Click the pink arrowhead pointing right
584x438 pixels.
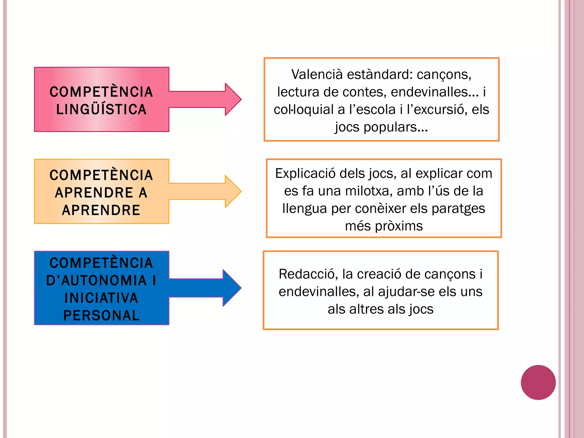pyautogui.click(x=232, y=99)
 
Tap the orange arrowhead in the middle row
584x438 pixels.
pyautogui.click(x=232, y=191)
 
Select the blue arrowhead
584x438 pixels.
pyautogui.click(x=232, y=288)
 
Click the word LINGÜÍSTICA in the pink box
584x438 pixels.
pyautogui.click(x=101, y=109)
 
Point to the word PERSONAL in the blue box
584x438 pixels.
pyautogui.click(x=101, y=315)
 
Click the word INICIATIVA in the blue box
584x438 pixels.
pyautogui.click(x=101, y=298)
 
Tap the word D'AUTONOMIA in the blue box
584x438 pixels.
pyautogui.click(x=96, y=280)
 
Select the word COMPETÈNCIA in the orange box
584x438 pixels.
pyautogui.click(x=101, y=175)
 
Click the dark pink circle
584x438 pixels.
pyautogui.click(x=538, y=382)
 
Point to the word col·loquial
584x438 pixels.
pyautogui.click(x=303, y=109)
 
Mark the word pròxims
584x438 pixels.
pyautogui.click(x=399, y=226)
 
